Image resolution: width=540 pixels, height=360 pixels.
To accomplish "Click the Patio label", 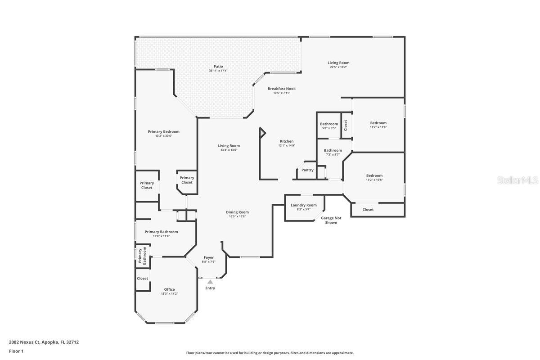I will point(218,67).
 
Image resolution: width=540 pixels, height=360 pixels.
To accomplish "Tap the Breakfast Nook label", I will point(281,89).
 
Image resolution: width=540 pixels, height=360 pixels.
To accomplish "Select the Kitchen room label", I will point(286,141).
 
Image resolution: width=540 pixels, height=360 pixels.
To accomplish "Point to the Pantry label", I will point(307,170).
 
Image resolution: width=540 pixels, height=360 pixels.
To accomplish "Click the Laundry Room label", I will point(304,205).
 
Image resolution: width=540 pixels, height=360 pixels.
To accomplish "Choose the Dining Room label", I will point(237,212).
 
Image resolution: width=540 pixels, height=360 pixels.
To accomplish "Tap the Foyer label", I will point(208,258).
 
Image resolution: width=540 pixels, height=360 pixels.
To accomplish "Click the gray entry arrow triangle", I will point(210,282).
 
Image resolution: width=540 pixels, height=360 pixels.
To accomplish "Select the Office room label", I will point(169,290).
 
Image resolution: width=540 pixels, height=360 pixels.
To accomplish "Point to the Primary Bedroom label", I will point(163,132).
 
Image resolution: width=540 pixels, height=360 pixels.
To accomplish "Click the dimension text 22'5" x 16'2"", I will point(338,67).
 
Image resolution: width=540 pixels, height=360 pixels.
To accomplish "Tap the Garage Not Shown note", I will point(331,220).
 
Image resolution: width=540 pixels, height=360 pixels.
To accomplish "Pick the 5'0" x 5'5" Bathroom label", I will point(329,124).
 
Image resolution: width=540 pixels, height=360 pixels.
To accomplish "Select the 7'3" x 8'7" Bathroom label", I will point(333,150).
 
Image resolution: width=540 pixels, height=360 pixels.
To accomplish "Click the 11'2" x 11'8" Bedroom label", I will point(378,123).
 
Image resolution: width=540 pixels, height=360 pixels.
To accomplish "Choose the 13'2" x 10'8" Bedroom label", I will point(374,175).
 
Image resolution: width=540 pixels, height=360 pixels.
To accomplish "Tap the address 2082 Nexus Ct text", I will point(44,342).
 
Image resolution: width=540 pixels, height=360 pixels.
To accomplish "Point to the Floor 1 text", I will point(16,351).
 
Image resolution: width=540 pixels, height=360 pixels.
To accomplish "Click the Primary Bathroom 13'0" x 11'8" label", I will point(161,232).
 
